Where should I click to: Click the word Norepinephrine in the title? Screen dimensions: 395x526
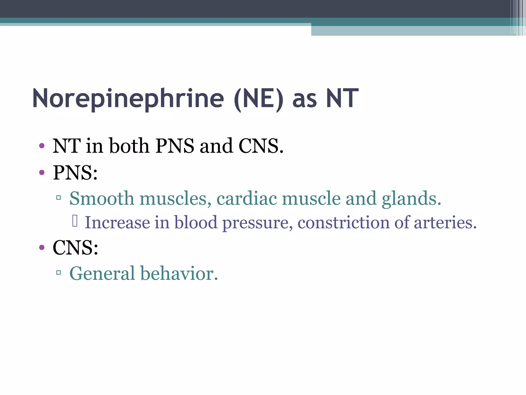128,99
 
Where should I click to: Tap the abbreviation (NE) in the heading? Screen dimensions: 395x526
259,99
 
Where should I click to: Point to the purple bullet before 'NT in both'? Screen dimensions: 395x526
42,146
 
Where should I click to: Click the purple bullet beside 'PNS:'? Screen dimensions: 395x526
42,172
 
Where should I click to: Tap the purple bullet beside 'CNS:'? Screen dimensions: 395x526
42,247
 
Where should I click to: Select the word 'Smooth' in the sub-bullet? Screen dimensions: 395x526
102,199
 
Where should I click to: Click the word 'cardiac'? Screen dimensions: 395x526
247,199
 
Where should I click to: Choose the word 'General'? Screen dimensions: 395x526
102,273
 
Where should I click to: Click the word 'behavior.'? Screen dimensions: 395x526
179,273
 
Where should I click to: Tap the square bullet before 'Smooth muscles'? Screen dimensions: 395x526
59,197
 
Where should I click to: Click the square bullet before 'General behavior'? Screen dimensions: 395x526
59,272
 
